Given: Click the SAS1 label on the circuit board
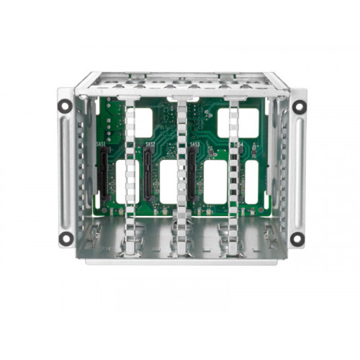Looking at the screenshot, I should (x=101, y=145).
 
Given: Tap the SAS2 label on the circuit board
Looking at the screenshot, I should (x=150, y=145).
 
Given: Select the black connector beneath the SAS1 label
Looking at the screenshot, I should (x=102, y=176).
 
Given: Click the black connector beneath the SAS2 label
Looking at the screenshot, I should (x=148, y=176).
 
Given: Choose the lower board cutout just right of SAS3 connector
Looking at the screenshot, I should (x=215, y=181).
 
